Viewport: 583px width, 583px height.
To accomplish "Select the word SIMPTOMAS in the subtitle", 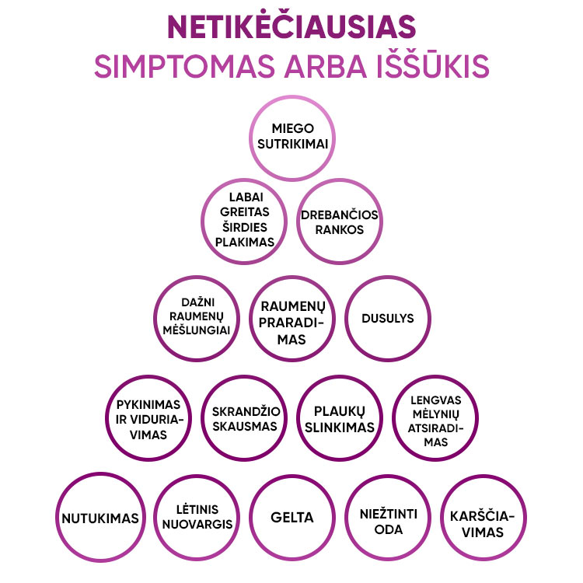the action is [184, 66].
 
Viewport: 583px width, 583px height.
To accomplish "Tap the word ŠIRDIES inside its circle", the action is [245, 226].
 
